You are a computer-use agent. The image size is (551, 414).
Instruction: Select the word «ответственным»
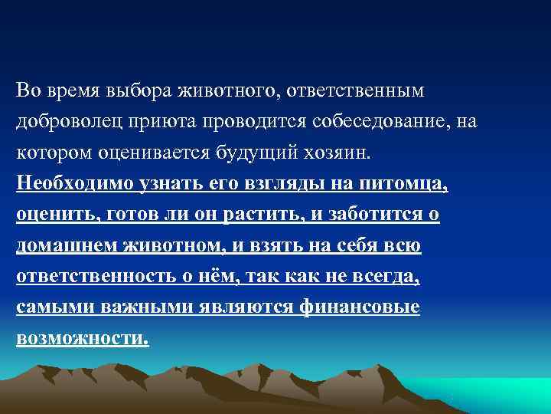coord(358,91)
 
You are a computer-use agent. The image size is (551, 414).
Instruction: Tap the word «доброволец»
coord(71,122)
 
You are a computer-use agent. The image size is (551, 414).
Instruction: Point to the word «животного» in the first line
coord(217,91)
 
